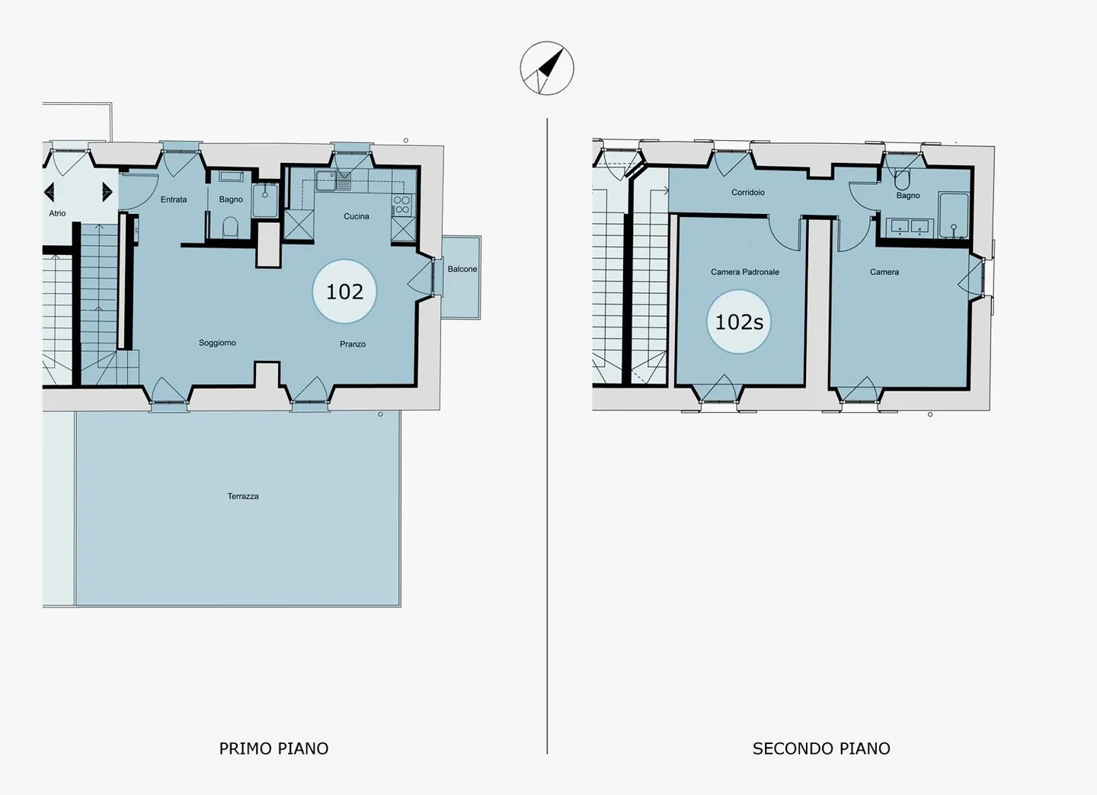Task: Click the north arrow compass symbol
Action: pyautogui.click(x=547, y=69)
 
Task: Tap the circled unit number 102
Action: pyautogui.click(x=344, y=292)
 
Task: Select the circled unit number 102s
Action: pyautogui.click(x=739, y=322)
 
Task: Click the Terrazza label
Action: pyautogui.click(x=242, y=496)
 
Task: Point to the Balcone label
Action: pyautogui.click(x=462, y=269)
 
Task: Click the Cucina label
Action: pyautogui.click(x=356, y=216)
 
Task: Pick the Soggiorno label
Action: pyautogui.click(x=217, y=343)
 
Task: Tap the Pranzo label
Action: pyautogui.click(x=352, y=344)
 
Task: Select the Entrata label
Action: pyautogui.click(x=174, y=200)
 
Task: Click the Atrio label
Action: pyautogui.click(x=57, y=213)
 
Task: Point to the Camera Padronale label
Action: pyautogui.click(x=744, y=272)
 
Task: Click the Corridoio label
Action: pyautogui.click(x=747, y=193)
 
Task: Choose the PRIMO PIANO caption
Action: pyautogui.click(x=273, y=749)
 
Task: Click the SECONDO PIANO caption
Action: pyautogui.click(x=820, y=749)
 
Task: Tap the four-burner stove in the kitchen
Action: pyautogui.click(x=401, y=204)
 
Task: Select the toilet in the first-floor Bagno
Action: pyautogui.click(x=231, y=227)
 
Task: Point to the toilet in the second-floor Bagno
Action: pyautogui.click(x=902, y=180)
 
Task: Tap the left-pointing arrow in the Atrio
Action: pyautogui.click(x=50, y=191)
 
